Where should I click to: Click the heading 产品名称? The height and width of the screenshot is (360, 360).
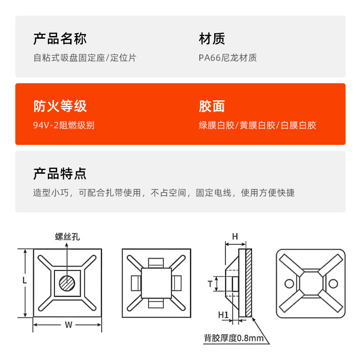point(60,39)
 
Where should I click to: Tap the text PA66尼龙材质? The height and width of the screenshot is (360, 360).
point(228,58)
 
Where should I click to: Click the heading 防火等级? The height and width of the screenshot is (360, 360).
point(60,107)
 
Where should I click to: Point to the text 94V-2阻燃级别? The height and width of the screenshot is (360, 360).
point(64,126)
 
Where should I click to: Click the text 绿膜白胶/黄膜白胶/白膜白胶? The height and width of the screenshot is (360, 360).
point(257,126)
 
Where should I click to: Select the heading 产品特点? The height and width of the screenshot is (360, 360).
point(60,174)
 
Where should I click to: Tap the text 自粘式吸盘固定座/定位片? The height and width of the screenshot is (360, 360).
point(85,58)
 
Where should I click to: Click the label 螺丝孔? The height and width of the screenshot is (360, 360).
point(67,237)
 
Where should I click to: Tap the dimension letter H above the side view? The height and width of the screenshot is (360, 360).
point(234,236)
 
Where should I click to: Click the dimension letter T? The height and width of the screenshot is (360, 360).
point(210,283)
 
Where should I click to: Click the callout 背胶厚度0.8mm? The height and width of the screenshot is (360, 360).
point(234,338)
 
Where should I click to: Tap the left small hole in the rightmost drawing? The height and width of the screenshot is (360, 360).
point(288,283)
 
